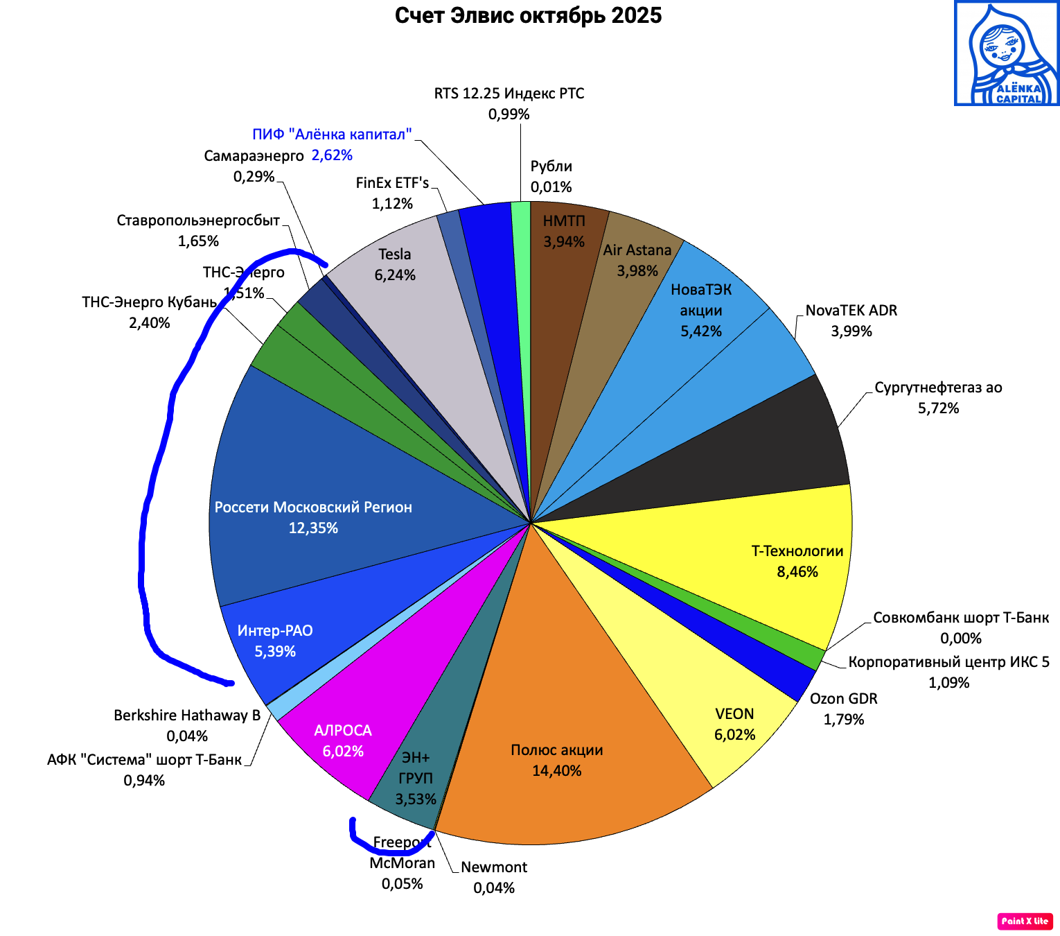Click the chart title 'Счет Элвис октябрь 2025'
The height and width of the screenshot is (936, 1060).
coord(528,15)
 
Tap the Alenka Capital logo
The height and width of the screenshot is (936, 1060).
coord(1007,53)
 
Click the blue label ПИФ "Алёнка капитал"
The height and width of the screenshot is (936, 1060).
coord(332,135)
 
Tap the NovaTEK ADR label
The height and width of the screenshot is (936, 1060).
coord(851,311)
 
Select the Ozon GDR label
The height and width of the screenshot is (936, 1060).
coord(844,699)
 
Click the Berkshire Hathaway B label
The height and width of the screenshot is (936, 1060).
coord(187,716)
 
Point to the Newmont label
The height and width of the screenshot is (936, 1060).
coord(494,867)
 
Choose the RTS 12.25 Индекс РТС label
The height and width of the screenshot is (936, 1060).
coord(509,94)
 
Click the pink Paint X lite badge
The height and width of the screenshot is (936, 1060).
coord(1025,921)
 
